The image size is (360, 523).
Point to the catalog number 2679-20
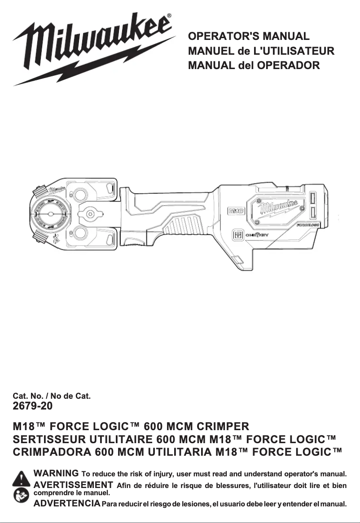click(33, 406)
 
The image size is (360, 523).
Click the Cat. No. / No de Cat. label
click(52, 396)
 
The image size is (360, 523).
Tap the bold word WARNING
click(57, 473)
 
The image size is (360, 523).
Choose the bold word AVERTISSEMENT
click(73, 484)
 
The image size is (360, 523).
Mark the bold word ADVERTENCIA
click(67, 504)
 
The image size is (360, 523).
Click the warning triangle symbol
click(21, 479)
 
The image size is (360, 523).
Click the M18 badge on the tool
click(237, 210)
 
